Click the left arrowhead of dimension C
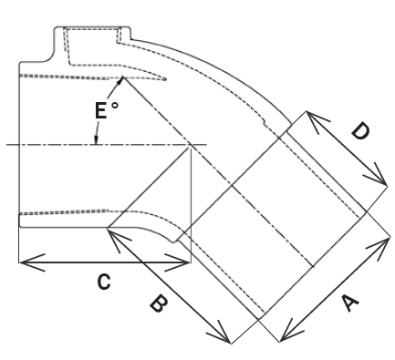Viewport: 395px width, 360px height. [23, 263]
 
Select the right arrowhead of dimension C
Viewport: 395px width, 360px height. [186, 263]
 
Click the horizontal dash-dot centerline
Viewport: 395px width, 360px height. [55, 144]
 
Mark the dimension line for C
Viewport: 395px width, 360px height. [105, 263]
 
